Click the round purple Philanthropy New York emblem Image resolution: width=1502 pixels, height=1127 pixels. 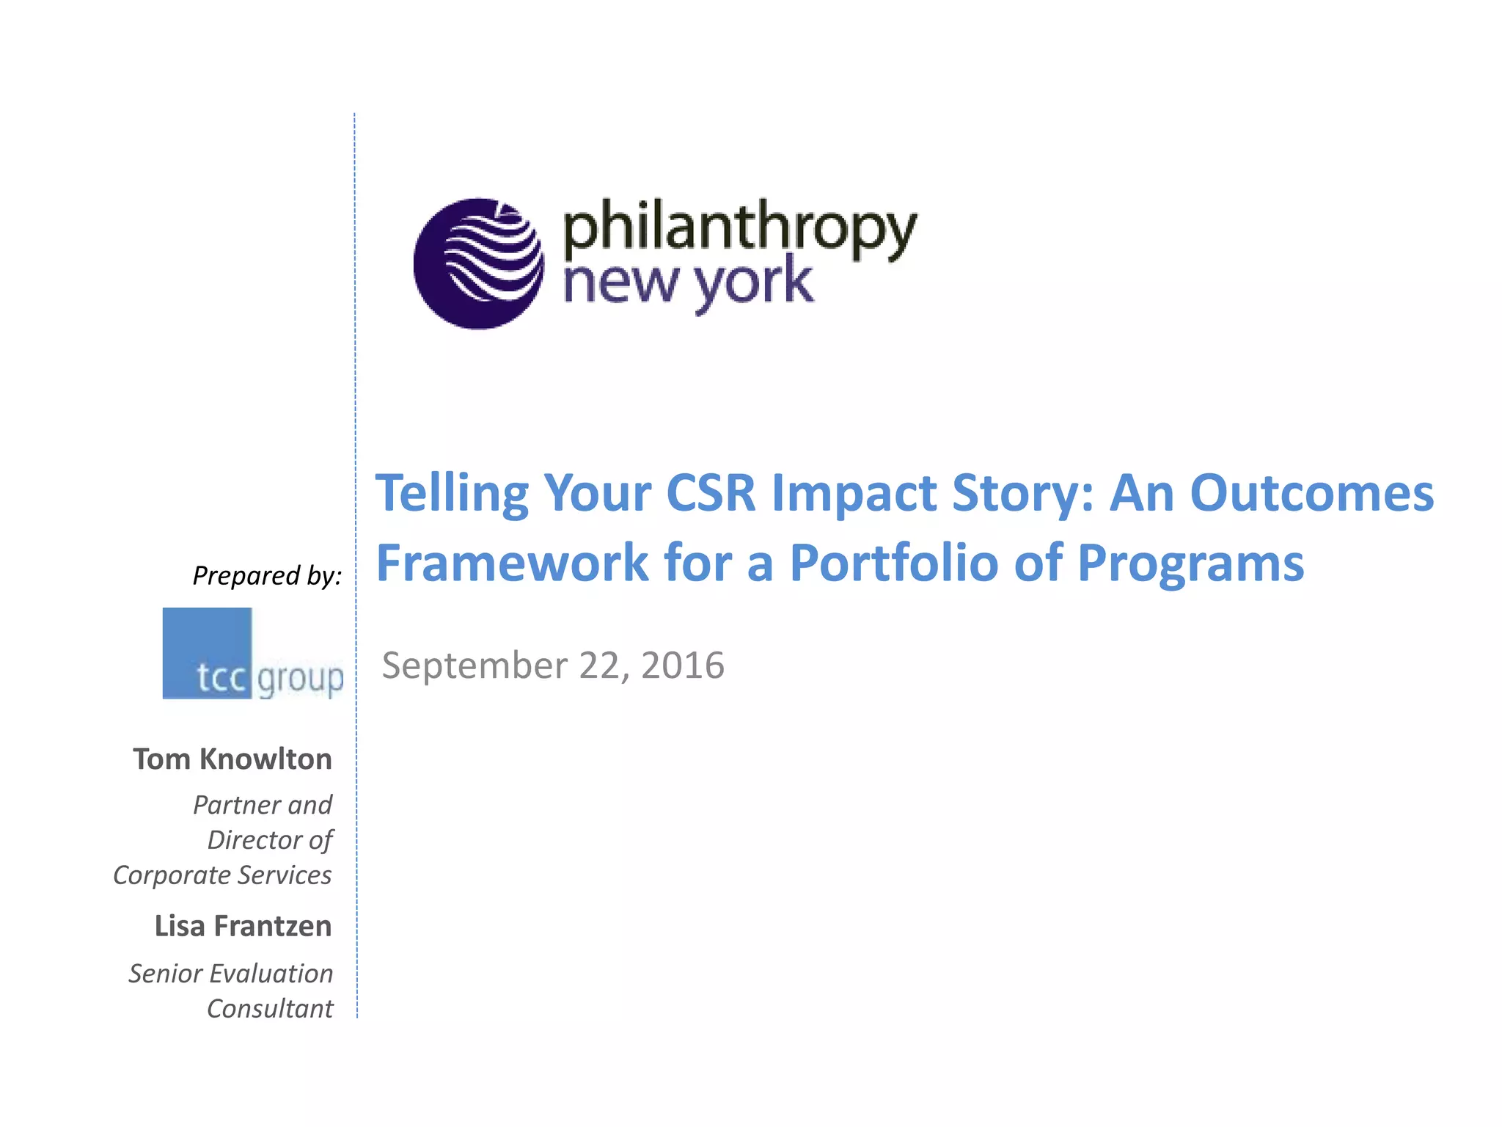pos(478,263)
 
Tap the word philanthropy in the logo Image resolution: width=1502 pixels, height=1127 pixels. pos(739,228)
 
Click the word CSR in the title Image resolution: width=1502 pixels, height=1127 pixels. pos(710,493)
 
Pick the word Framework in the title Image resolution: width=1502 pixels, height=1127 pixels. pos(512,563)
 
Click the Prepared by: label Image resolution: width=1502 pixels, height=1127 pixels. pos(267,576)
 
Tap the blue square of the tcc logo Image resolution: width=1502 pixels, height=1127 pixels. pos(207,652)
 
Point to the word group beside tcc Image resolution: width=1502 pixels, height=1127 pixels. pos(300,679)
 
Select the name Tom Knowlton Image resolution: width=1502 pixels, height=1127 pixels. pos(232,759)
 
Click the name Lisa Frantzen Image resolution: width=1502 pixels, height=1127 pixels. pos(243,926)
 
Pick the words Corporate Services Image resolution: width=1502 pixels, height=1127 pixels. pos(222,875)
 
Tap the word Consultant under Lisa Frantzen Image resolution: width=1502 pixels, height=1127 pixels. pos(270,1009)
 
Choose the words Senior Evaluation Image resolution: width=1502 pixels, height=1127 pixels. pos(230,974)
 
